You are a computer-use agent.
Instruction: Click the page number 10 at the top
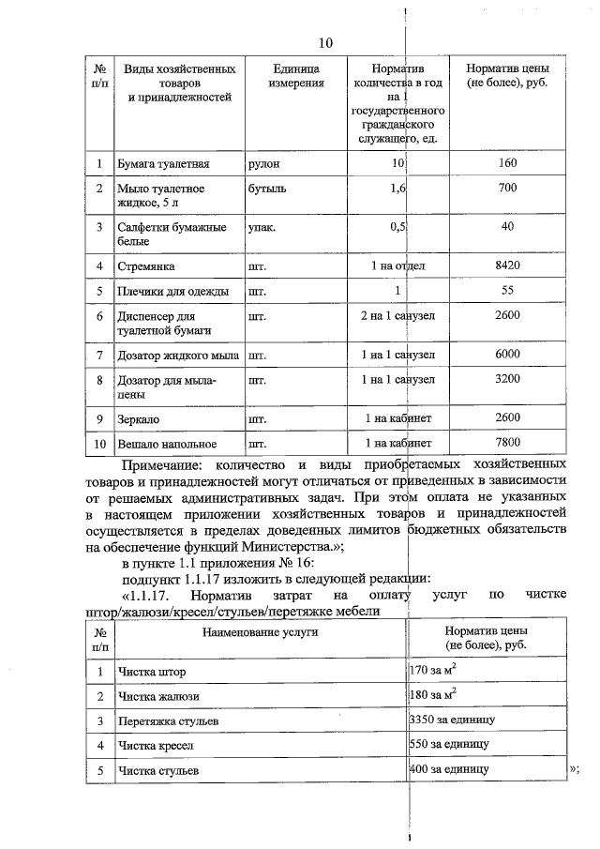point(325,43)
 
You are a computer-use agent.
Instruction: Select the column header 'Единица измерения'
point(296,77)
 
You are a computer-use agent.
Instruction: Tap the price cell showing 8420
point(506,266)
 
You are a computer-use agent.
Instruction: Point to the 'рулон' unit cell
point(263,164)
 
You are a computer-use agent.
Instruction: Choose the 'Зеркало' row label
point(139,417)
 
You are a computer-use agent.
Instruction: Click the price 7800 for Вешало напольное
point(506,443)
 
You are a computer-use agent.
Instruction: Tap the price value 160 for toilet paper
point(506,163)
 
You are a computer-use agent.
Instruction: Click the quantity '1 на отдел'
point(392,266)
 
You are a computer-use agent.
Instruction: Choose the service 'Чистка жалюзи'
point(158,696)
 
